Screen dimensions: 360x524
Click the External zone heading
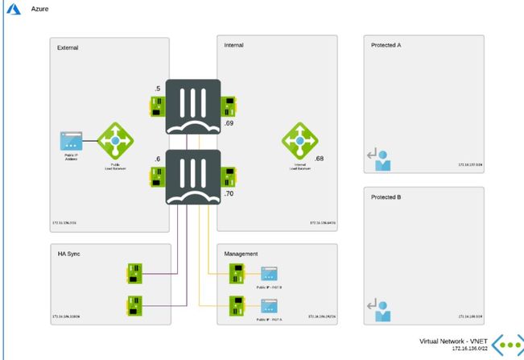(x=68, y=48)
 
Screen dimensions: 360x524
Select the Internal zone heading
(x=233, y=45)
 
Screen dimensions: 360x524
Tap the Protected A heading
(x=386, y=45)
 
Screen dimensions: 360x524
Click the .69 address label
(x=229, y=123)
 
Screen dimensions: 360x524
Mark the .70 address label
(x=229, y=194)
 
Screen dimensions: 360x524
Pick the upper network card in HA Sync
(x=134, y=272)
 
